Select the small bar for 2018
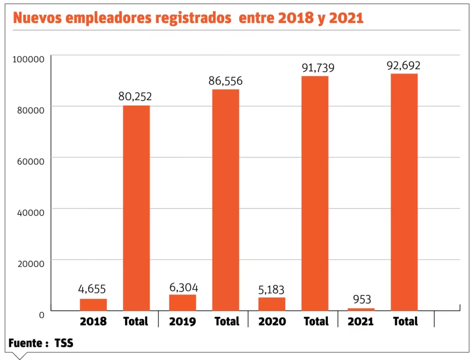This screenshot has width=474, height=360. coord(93,304)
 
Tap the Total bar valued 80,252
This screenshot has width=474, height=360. coord(136,208)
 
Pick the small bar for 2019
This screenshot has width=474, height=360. coord(182,302)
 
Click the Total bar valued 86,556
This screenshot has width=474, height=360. coord(225,199)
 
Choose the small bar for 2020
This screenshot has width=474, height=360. coord(272,304)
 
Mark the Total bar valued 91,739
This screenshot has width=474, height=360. coord(315,193)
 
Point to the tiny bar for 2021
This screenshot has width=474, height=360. coord(361,309)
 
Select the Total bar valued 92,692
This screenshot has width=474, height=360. coord(404,192)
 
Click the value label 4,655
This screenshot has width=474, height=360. coord(93,289)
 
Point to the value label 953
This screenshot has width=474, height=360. coord(362,299)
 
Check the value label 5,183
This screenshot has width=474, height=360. coord(272,290)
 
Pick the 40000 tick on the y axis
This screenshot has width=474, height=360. coord(31,212)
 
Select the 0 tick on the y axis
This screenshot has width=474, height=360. coord(41,315)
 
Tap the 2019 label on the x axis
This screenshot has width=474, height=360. coord(182,322)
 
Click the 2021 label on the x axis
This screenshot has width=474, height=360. coord(361,322)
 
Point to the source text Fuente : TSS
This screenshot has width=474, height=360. coord(41,343)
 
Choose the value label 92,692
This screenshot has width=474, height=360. coord(404,65)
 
